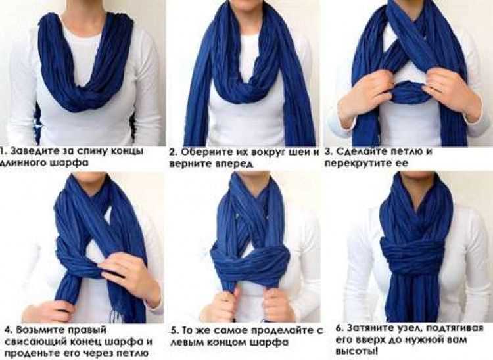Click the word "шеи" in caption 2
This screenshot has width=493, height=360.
click(301, 152)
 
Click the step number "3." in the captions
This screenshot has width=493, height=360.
click(329, 152)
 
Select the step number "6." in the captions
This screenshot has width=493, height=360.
click(340, 328)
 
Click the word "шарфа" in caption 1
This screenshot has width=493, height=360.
click(69, 164)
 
